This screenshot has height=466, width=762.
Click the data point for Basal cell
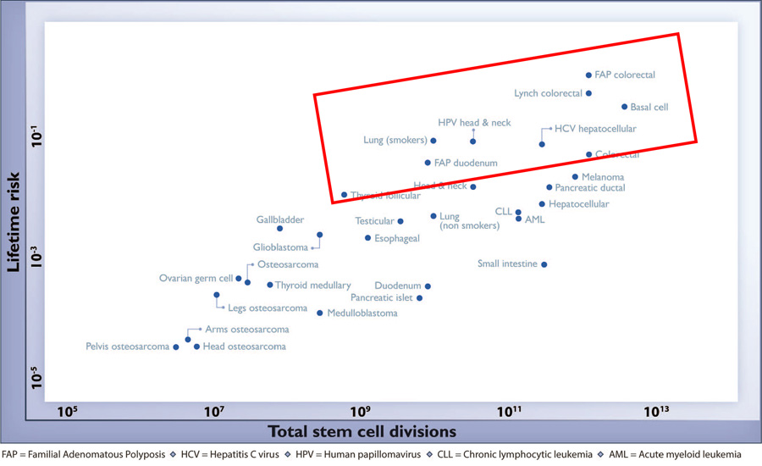624,107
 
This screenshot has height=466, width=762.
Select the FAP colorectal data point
589,75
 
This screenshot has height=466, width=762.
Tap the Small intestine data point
544,264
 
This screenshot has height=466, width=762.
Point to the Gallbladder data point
280,228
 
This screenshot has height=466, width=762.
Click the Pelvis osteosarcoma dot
176,347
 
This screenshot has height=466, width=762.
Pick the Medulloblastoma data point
319,313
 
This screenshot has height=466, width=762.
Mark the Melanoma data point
575,177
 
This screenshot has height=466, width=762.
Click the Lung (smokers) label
395,141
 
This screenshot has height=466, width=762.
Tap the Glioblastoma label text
281,248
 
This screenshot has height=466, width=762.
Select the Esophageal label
397,239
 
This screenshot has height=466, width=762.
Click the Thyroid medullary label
312,286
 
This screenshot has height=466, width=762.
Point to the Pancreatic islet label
381,298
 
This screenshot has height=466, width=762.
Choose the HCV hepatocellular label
595,129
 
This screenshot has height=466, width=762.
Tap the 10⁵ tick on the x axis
68,412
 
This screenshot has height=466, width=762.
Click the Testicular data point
400,221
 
